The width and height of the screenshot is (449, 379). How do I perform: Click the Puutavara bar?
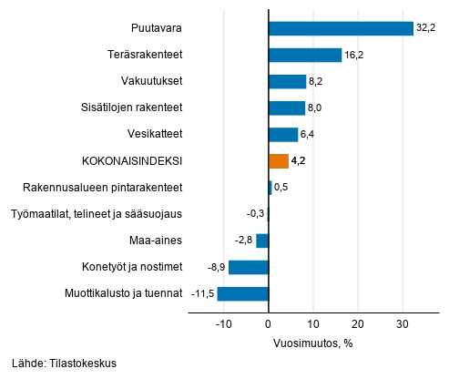341,29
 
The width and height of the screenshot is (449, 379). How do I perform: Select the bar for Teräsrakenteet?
305,56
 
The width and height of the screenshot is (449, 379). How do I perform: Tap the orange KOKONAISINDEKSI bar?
279,161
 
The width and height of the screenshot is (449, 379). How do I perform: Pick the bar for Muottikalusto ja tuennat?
243,293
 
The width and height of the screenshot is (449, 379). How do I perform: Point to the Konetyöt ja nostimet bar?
249,267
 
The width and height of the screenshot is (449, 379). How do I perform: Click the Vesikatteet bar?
283,135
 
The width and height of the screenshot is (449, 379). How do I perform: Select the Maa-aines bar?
262,241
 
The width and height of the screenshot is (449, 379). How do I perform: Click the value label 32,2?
424,29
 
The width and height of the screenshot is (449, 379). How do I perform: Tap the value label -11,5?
200,293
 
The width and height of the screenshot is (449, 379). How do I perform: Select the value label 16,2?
354,56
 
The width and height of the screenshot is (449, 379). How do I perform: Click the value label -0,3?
255,214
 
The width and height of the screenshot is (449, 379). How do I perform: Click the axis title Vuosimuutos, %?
312,343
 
